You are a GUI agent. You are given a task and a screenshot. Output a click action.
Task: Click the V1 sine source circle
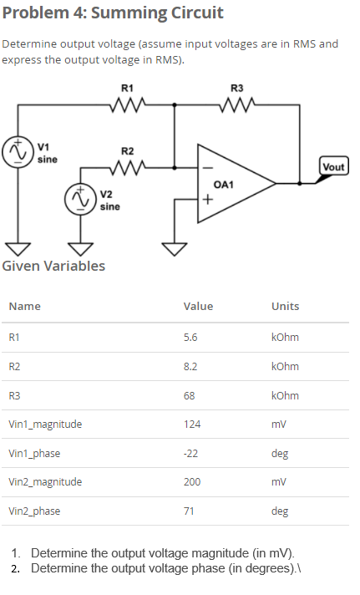point(15,153)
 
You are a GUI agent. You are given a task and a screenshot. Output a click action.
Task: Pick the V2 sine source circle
point(80,201)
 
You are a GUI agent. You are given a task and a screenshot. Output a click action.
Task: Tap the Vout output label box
point(332,167)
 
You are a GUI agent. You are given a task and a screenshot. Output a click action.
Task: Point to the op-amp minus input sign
point(205,167)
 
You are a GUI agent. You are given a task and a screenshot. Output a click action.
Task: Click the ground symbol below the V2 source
point(80,248)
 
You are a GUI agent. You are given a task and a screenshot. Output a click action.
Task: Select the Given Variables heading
point(54,267)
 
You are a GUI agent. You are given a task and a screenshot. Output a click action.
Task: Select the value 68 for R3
point(189,395)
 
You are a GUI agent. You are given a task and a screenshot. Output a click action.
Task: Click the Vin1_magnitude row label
point(45,425)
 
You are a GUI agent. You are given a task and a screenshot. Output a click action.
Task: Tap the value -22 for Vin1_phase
point(190,453)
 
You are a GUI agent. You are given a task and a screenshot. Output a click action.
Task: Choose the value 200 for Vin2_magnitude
point(192,482)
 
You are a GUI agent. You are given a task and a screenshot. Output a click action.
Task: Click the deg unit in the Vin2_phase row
point(280,511)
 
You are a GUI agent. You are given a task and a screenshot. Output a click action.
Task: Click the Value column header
point(198,307)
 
